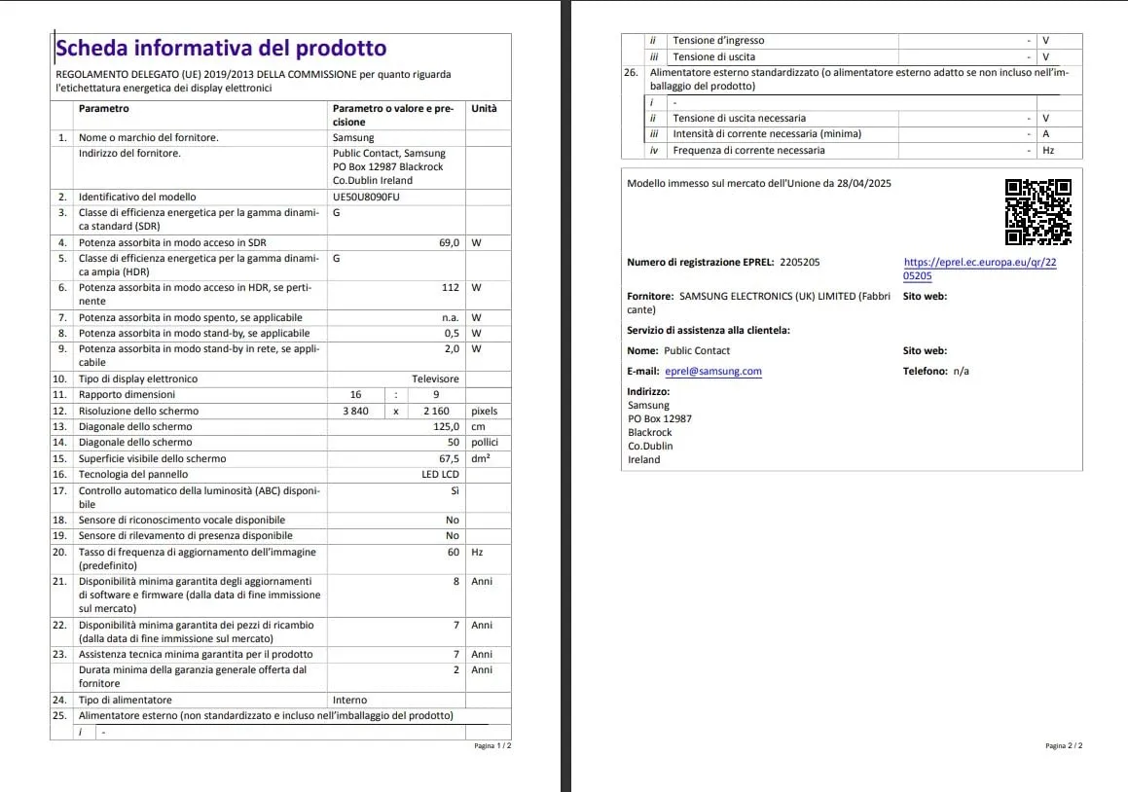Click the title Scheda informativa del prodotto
(x=221, y=49)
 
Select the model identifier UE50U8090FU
(x=366, y=198)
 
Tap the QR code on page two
(x=1037, y=212)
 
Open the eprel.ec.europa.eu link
(x=980, y=269)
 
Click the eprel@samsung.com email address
(x=713, y=372)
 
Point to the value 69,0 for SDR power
(x=449, y=242)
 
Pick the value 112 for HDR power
(x=450, y=288)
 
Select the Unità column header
(x=484, y=109)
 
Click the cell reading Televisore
(x=435, y=379)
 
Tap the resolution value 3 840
(x=355, y=412)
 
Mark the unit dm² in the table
(x=480, y=458)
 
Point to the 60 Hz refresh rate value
(x=453, y=553)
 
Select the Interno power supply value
(x=350, y=701)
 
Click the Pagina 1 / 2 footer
(x=491, y=746)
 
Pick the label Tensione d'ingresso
(x=718, y=41)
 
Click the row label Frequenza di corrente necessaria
(x=748, y=151)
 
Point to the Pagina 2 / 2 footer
(x=1063, y=746)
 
